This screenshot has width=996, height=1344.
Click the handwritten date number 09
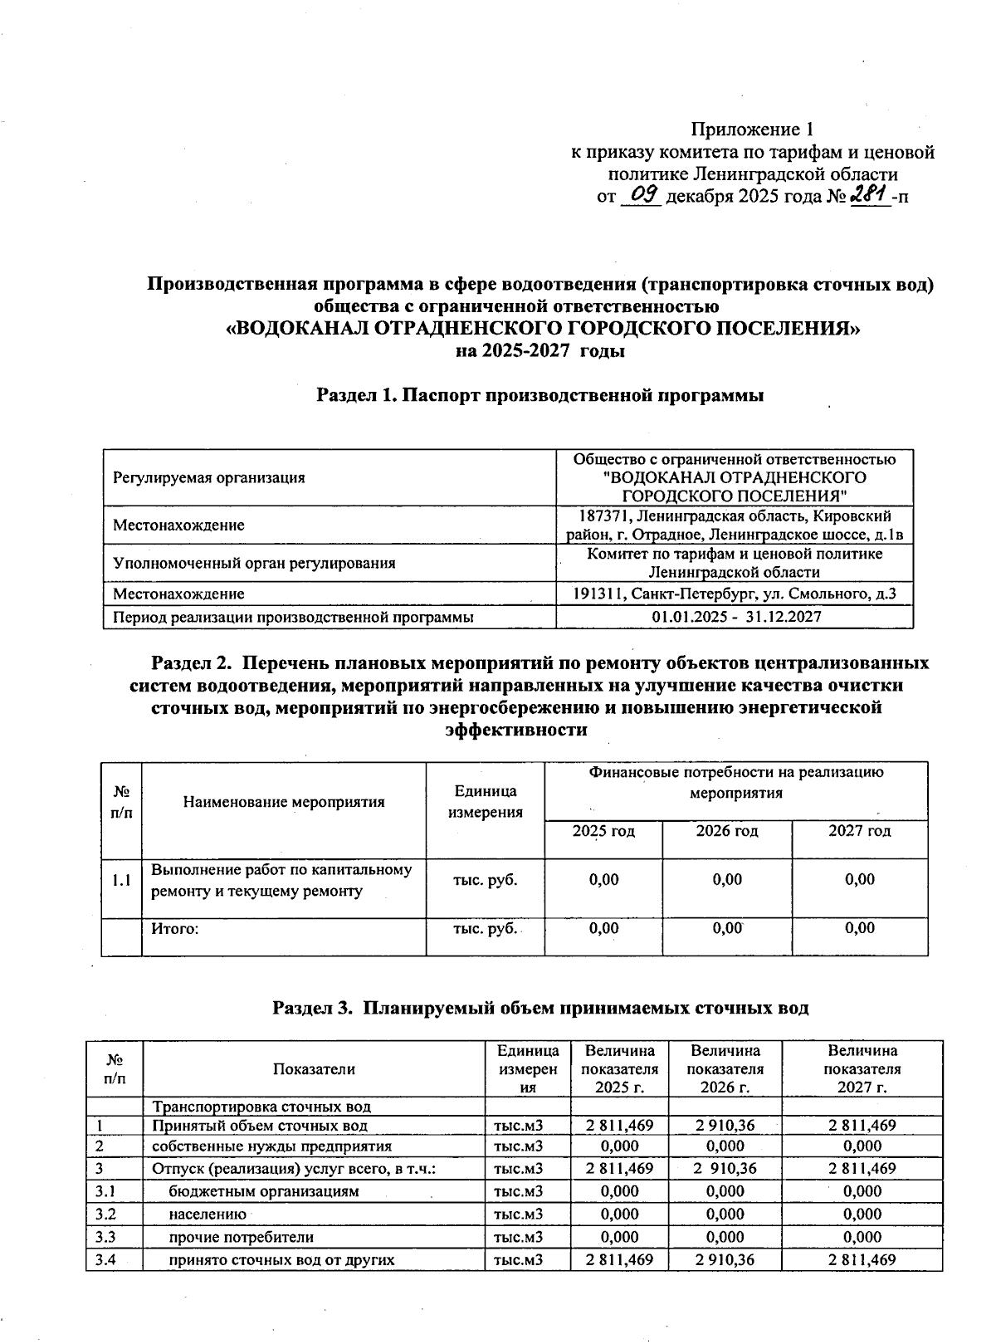tap(643, 196)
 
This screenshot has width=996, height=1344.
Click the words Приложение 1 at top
tap(752, 130)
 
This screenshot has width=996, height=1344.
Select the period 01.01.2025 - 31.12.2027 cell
tap(735, 617)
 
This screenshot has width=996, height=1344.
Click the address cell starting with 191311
tap(735, 594)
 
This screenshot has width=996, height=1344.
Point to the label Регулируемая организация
tap(209, 477)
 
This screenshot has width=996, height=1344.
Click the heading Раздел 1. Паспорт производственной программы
tap(539, 396)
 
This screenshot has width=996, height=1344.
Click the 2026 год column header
tap(726, 831)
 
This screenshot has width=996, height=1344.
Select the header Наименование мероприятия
tap(284, 802)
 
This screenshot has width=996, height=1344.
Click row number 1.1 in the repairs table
tap(121, 880)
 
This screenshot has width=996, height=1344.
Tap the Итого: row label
tap(174, 928)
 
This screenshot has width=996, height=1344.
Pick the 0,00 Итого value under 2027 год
tap(859, 928)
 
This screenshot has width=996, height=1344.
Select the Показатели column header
tap(314, 1069)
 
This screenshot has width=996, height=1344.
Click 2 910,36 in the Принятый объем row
tap(726, 1126)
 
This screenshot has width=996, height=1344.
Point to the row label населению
tap(207, 1214)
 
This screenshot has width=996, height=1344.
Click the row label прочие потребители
tap(241, 1237)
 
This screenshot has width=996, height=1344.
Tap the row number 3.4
tap(105, 1259)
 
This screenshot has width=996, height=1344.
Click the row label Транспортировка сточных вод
tap(261, 1107)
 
